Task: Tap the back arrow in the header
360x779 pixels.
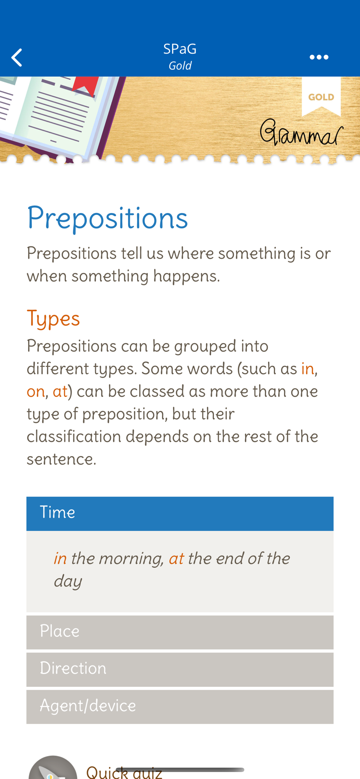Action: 16,58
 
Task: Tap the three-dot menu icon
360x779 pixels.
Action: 319,57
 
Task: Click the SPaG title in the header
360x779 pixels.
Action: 180,49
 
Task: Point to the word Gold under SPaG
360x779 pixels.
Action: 180,65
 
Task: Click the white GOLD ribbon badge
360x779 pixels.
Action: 321,96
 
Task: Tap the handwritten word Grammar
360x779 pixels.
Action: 302,132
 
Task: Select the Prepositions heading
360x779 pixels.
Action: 108,218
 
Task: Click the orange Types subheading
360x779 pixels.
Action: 53,319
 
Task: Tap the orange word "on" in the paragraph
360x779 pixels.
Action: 35,391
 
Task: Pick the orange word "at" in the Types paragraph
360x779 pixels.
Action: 60,391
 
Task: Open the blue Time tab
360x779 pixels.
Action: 180,513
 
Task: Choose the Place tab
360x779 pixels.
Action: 180,632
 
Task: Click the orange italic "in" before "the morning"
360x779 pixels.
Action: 60,559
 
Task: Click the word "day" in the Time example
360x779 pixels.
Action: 68,582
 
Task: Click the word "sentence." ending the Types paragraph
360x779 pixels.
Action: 61,459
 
